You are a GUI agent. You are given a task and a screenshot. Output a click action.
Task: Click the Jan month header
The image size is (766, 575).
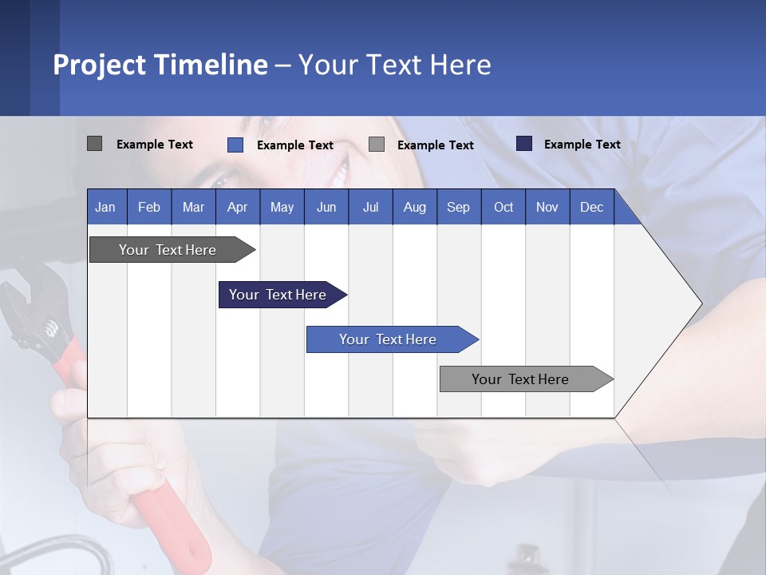106,207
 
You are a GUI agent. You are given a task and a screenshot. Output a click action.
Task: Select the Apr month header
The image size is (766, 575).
238,207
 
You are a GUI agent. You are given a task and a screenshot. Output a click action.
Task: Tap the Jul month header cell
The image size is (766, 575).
370,207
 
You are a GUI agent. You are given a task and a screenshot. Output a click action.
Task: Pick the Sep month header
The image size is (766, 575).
459,207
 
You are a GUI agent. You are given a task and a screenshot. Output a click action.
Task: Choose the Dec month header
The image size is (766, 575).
591,207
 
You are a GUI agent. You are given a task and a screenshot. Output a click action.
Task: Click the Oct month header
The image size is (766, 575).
503,207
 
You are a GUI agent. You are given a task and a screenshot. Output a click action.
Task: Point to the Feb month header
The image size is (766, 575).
149,207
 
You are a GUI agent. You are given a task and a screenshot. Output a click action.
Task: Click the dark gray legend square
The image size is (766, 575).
94,144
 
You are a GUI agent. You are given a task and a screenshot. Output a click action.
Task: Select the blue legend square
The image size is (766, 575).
235,145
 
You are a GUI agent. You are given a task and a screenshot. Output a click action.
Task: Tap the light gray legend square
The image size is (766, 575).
377,145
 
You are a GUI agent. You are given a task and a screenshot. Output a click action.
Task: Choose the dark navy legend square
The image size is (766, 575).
524,144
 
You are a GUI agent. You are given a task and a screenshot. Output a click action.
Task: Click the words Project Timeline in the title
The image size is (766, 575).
160,65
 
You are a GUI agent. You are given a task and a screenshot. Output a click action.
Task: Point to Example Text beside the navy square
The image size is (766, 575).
582,145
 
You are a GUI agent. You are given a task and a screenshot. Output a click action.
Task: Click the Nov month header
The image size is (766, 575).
547,207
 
